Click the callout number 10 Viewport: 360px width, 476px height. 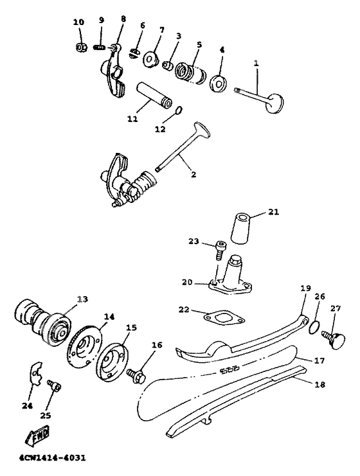tap(78, 22)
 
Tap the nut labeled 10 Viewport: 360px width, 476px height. tap(81, 48)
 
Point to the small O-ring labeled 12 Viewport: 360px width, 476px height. tap(179, 110)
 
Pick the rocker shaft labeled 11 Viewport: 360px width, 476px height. tap(154, 95)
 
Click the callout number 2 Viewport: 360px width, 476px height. tap(194, 175)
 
